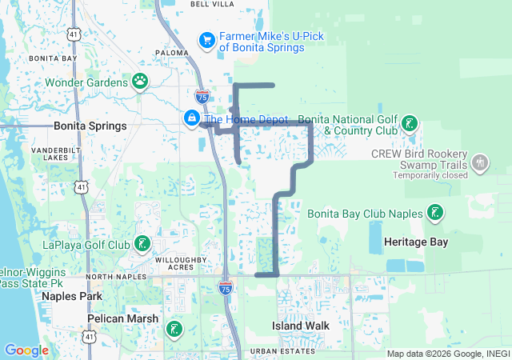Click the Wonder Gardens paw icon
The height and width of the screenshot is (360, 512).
(140, 81)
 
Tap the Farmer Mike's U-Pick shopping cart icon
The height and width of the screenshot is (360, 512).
(206, 39)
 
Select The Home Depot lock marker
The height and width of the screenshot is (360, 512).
(192, 119)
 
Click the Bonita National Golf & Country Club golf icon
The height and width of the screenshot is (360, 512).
(410, 122)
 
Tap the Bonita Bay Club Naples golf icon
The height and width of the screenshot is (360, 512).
(434, 213)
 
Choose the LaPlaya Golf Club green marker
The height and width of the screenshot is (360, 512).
(142, 243)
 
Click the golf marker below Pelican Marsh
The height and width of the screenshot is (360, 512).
(174, 328)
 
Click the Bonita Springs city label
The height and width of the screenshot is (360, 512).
(90, 126)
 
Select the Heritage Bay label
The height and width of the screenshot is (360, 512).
(416, 242)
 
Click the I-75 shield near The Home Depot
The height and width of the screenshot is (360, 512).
(202, 96)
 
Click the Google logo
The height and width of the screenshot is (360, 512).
(26, 350)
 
